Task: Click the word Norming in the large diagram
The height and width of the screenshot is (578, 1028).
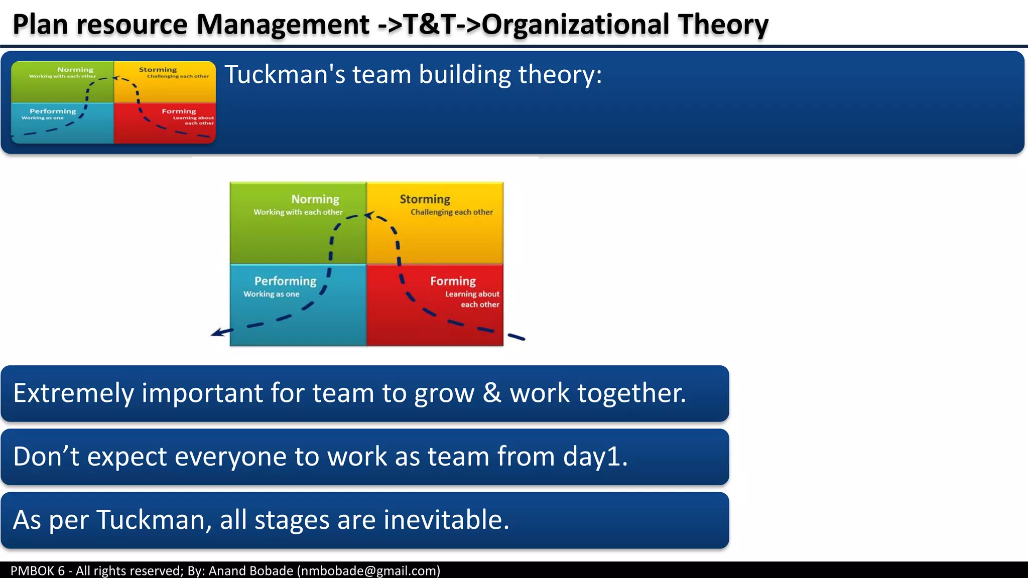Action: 315,199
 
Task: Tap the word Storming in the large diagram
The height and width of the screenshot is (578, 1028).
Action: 425,199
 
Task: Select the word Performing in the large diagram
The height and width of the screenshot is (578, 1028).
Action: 285,281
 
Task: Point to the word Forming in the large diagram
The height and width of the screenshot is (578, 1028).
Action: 453,281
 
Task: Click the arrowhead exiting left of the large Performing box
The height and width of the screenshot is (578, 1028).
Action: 216,333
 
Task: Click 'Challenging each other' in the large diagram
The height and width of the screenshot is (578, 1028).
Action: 451,212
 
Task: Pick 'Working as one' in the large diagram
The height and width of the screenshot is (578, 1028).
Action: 271,294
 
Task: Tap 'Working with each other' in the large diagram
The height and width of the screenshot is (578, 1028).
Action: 298,212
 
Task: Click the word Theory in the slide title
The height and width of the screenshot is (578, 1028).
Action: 723,25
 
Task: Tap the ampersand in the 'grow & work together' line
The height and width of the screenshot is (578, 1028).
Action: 492,393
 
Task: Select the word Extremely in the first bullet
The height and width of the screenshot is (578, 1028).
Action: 73,393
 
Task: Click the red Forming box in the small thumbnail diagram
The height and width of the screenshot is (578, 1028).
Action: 165,123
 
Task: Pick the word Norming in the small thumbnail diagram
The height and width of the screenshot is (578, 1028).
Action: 75,70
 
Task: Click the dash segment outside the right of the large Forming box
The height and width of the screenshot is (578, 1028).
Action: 516,337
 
